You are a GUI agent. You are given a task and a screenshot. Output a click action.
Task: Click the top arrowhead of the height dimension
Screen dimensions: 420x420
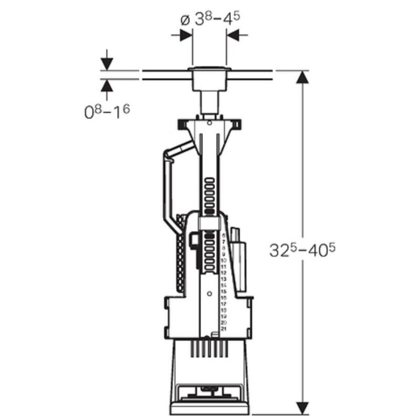point(302,78)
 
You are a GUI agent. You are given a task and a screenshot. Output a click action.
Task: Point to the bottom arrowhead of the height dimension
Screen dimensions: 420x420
point(302,407)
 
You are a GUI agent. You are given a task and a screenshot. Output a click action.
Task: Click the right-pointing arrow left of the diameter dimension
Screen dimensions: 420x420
point(185,35)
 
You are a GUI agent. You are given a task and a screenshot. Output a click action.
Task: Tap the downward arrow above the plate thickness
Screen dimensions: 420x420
point(107,63)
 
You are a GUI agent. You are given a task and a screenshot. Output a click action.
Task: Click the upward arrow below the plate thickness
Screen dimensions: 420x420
point(107,86)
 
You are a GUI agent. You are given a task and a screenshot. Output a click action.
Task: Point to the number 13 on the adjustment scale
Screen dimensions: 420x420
point(224,279)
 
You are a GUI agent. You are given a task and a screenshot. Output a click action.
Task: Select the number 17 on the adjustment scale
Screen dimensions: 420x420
point(224,304)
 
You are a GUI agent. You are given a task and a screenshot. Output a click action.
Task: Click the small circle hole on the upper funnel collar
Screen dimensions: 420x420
point(209,123)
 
